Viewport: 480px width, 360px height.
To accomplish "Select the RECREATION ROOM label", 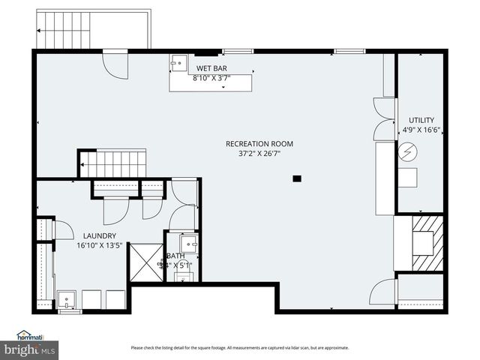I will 259,144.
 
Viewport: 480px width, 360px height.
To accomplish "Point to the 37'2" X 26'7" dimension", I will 259,154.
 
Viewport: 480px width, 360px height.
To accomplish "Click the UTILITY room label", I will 421,120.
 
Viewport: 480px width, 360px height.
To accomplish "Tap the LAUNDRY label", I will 94,235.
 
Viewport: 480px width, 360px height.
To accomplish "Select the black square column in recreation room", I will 297,178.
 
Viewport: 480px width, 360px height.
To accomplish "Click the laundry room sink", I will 67,299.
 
